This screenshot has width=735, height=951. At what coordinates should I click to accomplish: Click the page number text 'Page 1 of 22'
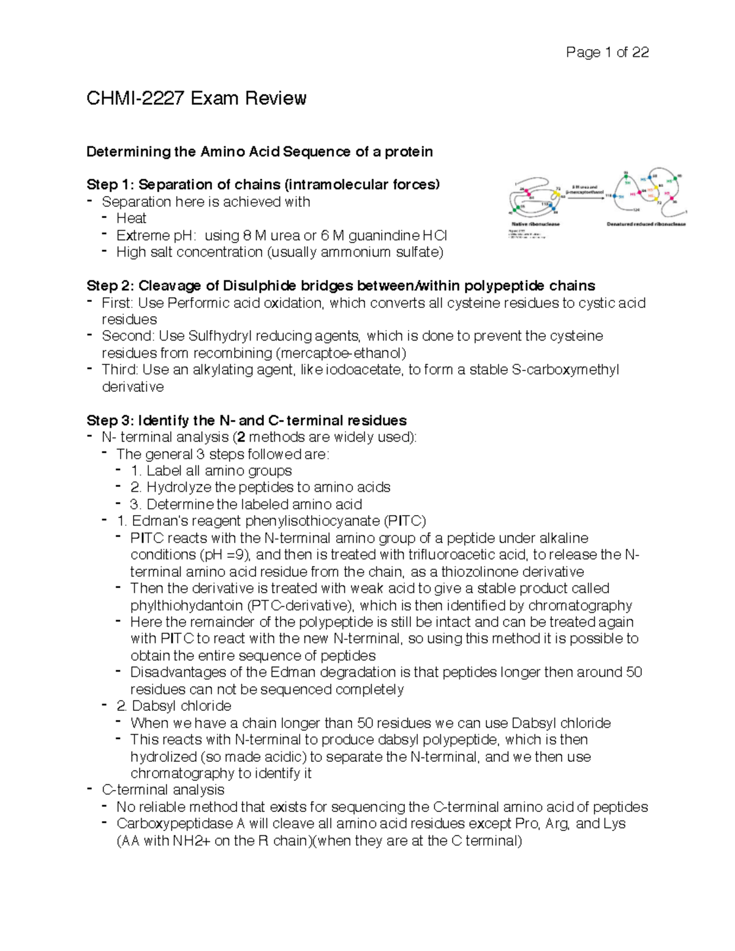click(x=607, y=53)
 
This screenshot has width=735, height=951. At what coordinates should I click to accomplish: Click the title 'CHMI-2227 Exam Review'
click(x=196, y=99)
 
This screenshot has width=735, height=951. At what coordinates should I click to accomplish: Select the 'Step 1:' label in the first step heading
click(x=111, y=185)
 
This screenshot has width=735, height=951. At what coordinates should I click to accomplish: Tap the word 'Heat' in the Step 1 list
click(x=131, y=219)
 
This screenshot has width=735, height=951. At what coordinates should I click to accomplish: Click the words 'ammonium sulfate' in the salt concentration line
click(x=379, y=252)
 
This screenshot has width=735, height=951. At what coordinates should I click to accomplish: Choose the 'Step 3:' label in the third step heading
click(x=111, y=421)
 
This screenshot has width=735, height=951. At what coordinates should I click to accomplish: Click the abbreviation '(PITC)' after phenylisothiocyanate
click(x=404, y=521)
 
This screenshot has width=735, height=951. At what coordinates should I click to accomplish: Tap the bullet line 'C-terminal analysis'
click(x=163, y=790)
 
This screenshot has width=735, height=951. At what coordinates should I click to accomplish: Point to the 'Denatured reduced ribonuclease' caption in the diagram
click(x=646, y=224)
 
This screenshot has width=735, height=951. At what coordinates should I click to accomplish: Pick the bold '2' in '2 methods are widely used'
click(x=241, y=437)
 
